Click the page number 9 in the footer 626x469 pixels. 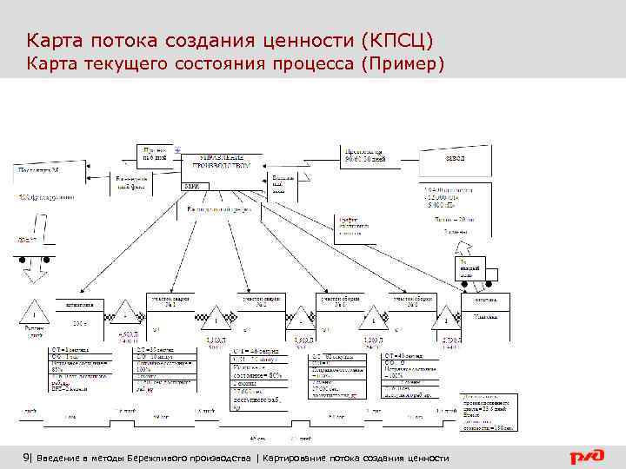pyautogui.click(x=27, y=458)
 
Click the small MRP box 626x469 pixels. pyautogui.click(x=190, y=185)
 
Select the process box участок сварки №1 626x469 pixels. pyautogui.click(x=166, y=301)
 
